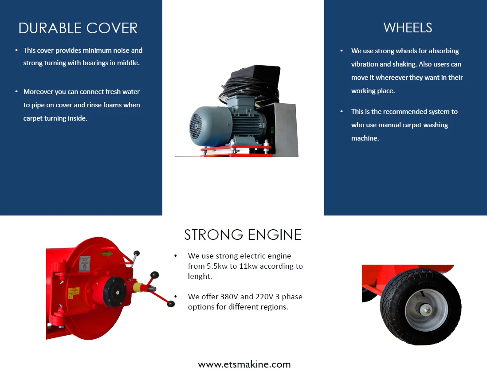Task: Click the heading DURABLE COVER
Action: (78, 28)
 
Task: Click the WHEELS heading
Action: (408, 28)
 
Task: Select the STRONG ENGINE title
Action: (243, 235)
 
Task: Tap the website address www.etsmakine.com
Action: (244, 364)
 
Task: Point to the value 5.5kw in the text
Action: (217, 266)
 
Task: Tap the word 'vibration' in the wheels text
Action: (366, 64)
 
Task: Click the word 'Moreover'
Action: (39, 92)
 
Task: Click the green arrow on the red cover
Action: (107, 254)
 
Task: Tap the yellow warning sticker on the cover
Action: (73, 291)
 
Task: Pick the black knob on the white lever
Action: (137, 254)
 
